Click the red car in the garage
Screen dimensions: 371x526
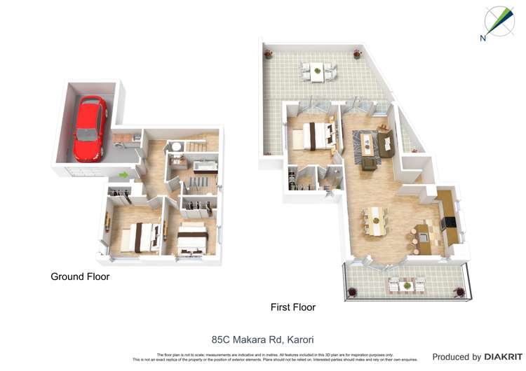pos(90,127)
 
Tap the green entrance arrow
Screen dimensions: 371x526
pos(125,175)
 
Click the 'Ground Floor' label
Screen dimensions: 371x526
pos(80,276)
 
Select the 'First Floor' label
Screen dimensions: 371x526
pos(293,307)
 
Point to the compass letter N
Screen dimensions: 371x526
pos(483,38)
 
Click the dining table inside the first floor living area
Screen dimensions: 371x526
pos(377,221)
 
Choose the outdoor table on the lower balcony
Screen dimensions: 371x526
pos(407,284)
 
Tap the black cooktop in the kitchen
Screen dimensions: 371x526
pos(448,223)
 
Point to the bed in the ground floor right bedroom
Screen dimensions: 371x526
pos(191,239)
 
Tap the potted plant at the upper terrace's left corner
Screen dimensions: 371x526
pos(267,52)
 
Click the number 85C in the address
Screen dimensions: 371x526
pos(223,339)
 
